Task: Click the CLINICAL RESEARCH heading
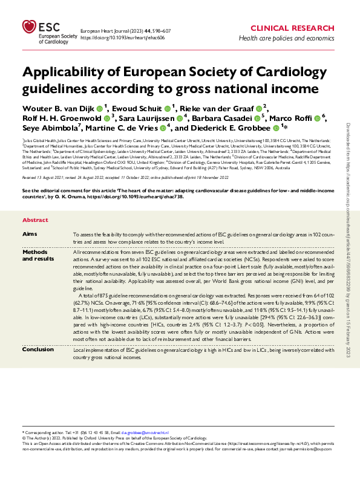click(291, 28)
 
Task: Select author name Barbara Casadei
click(225, 118)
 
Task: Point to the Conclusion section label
click(38, 349)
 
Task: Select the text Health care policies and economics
click(286, 38)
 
